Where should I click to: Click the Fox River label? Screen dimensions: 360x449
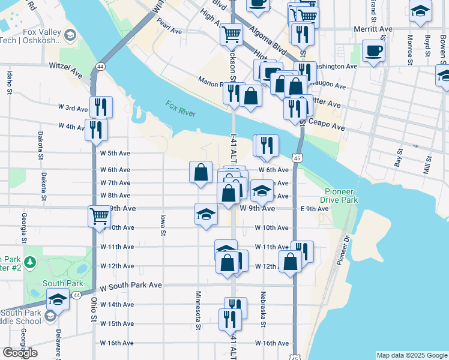(181, 108)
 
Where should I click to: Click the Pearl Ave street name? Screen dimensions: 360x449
(169, 29)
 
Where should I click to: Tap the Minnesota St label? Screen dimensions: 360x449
(197, 310)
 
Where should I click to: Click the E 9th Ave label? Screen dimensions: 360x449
(315, 209)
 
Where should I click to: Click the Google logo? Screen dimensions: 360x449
(20, 353)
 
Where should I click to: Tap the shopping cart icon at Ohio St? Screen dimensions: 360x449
(99, 215)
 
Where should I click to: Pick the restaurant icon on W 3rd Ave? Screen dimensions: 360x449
(101, 107)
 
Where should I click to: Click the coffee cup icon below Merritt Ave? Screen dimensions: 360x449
(374, 51)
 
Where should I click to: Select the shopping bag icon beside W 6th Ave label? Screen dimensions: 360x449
(200, 172)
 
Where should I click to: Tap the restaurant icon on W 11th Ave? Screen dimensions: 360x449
(302, 251)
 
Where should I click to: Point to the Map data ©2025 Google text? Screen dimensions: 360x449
(411, 355)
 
